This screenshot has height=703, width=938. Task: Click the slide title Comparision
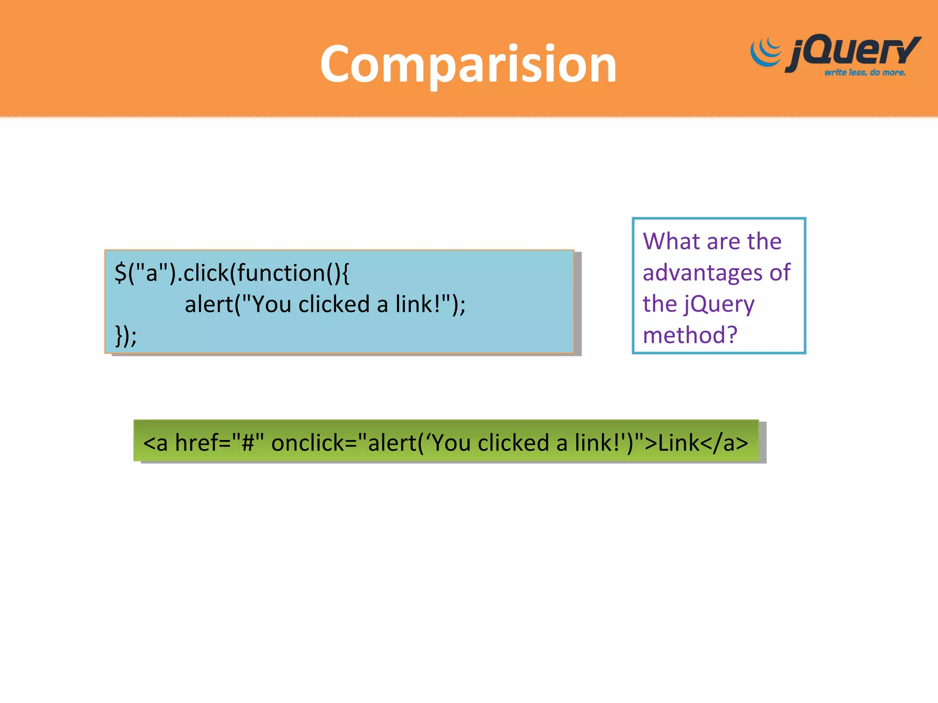468,64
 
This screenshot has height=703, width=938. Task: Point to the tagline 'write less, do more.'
865,73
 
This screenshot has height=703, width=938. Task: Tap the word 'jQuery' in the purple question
719,305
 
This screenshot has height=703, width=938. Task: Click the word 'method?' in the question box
690,335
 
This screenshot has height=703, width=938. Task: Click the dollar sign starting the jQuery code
120,273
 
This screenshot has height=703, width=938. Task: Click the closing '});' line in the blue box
125,335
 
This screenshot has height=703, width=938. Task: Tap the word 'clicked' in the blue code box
334,304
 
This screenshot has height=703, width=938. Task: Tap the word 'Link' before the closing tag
679,443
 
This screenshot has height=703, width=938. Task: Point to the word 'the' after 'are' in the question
764,241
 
